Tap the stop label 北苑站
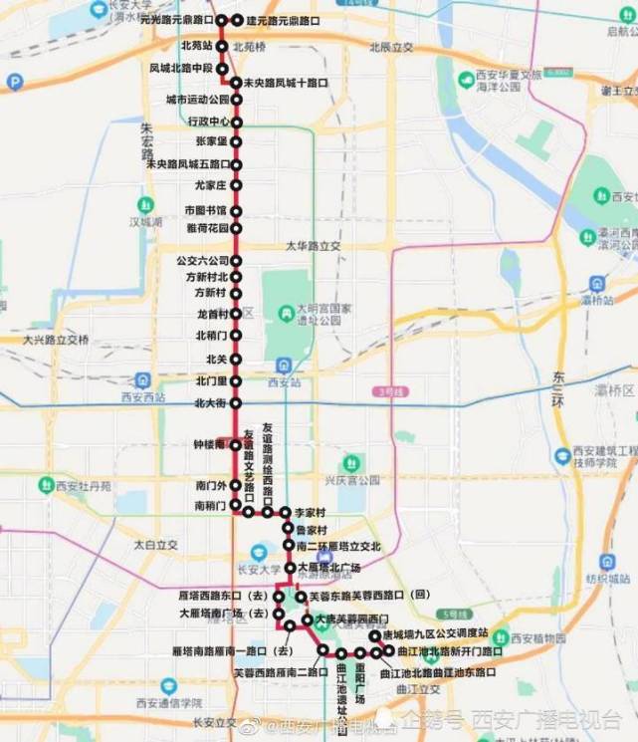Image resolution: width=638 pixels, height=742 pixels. click(x=197, y=46)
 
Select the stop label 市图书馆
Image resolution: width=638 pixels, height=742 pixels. click(x=206, y=210)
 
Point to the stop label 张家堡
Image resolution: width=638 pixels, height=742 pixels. click(x=212, y=141)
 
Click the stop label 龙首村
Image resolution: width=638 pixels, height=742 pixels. click(x=213, y=314)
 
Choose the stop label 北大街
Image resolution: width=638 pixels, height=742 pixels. click(x=211, y=403)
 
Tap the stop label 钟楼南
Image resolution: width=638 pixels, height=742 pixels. click(x=211, y=444)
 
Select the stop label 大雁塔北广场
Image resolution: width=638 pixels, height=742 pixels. click(x=328, y=568)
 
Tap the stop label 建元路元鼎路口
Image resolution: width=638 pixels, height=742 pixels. click(x=283, y=20)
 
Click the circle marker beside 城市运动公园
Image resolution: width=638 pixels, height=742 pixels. click(x=237, y=101)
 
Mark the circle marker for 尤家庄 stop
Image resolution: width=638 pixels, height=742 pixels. click(x=237, y=184)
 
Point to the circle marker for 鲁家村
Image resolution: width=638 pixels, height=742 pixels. click(x=287, y=529)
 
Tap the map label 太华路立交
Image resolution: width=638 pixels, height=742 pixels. click(x=314, y=245)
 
